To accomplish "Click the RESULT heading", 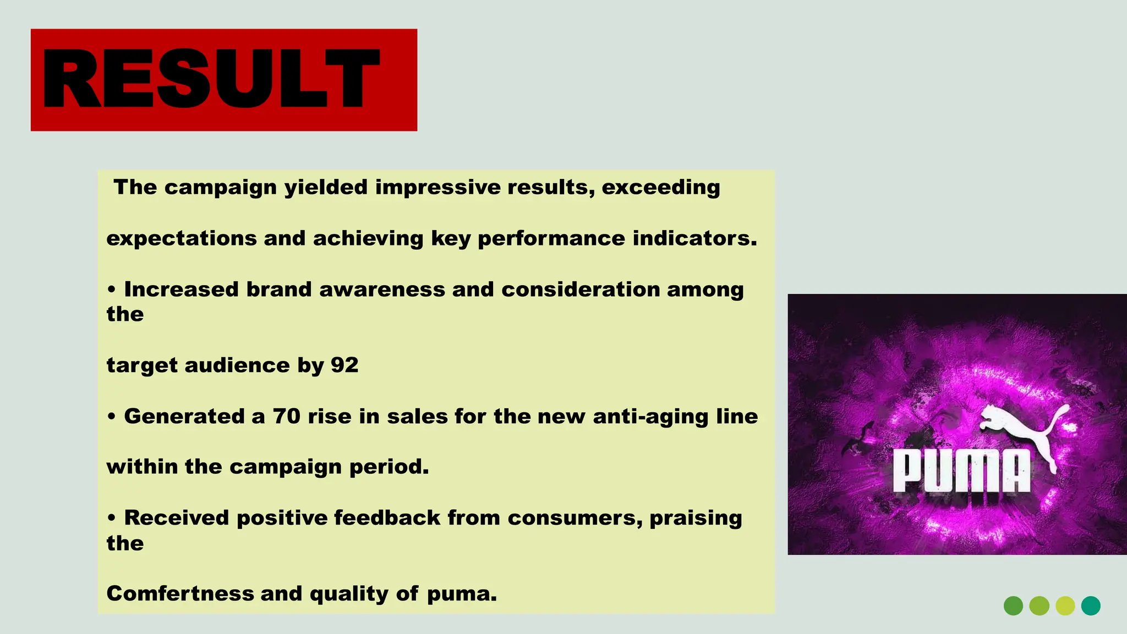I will (211, 79).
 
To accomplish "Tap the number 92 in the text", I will (344, 365).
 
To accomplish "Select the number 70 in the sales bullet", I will (287, 416).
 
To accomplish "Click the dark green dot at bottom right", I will (1013, 606).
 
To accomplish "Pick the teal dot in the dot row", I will (1091, 606).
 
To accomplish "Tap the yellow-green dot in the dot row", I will (1065, 606).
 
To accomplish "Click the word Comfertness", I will (180, 593).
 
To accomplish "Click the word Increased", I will (181, 289).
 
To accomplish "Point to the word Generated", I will (184, 416).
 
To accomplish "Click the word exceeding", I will (660, 188).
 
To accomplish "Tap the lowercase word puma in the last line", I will (461, 594).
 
